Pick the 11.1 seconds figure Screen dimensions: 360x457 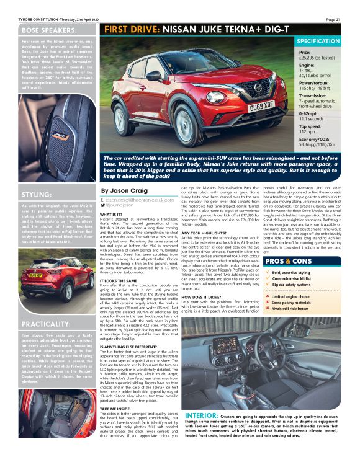click(312, 118)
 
